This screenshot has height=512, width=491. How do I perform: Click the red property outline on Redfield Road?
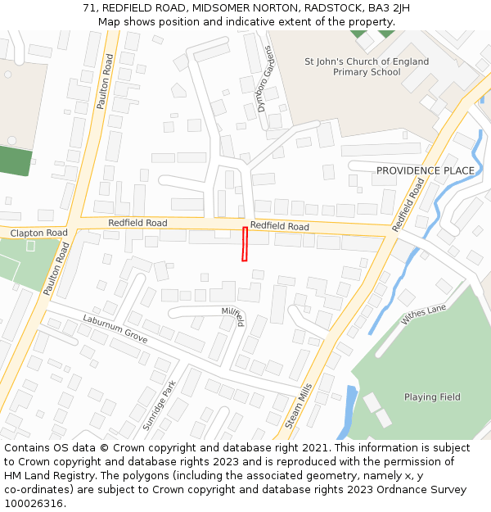pyautogui.click(x=245, y=244)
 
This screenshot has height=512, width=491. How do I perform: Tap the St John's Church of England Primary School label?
pyautogui.click(x=366, y=66)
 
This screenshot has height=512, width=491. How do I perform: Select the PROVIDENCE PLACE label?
pyautogui.click(x=425, y=170)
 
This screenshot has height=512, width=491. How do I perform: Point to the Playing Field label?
pyautogui.click(x=432, y=397)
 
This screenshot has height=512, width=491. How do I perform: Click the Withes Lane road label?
pyautogui.click(x=423, y=315)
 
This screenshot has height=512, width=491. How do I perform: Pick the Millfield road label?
pyautogui.click(x=234, y=316)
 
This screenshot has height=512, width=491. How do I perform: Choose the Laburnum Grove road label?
pyautogui.click(x=115, y=328)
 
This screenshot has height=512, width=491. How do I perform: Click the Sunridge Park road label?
pyautogui.click(x=160, y=406)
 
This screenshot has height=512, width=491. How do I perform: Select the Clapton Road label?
pyautogui.click(x=39, y=233)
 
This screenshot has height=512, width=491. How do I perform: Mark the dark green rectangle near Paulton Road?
pyautogui.click(x=16, y=161)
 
